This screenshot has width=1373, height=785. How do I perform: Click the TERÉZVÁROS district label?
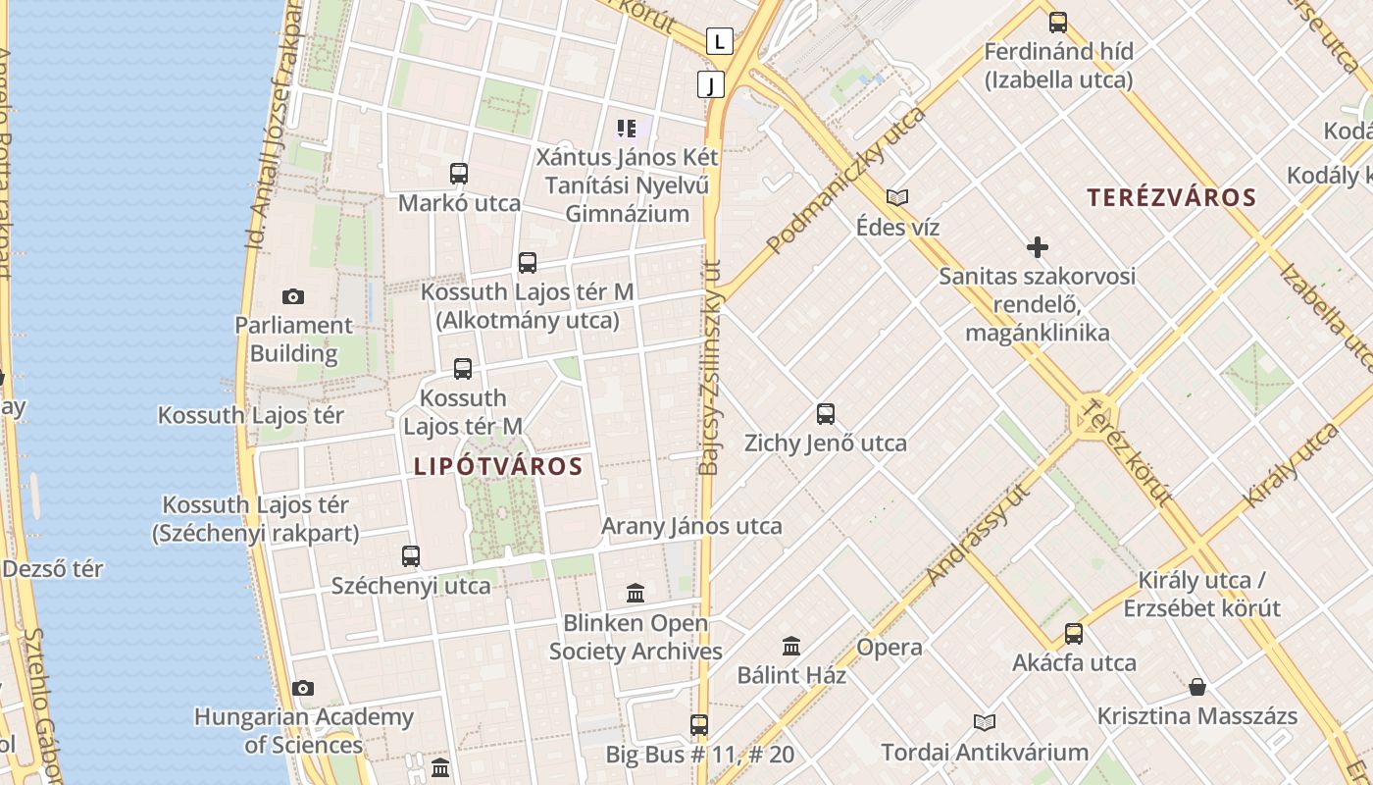[1171, 197]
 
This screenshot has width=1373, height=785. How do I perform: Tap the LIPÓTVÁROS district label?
[498, 466]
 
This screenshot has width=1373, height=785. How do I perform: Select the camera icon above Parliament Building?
[292, 296]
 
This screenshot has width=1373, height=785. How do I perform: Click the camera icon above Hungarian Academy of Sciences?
[303, 688]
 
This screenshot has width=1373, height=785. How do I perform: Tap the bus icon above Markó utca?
[458, 174]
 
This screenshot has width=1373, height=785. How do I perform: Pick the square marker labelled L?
[720, 41]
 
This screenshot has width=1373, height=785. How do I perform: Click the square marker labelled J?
[711, 84]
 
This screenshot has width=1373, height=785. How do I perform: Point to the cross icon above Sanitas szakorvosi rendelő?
[1037, 247]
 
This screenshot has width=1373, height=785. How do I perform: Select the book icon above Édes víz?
[896, 197]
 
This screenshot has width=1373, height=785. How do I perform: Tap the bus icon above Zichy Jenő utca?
[826, 413]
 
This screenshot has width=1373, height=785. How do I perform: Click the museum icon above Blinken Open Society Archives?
[636, 593]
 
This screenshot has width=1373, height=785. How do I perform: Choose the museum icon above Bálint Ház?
[791, 646]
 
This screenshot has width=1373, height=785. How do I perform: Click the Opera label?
[889, 648]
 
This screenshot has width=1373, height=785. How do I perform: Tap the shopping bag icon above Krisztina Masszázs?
[1196, 686]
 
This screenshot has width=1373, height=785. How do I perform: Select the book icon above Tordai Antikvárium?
[985, 722]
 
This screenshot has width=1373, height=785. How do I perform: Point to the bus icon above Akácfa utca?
[1074, 633]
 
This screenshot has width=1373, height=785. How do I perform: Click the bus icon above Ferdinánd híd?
[1058, 22]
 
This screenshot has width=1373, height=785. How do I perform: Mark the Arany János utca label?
[691, 526]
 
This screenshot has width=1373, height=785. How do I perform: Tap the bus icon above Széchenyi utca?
[411, 555]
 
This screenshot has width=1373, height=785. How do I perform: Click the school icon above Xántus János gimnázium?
[627, 128]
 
